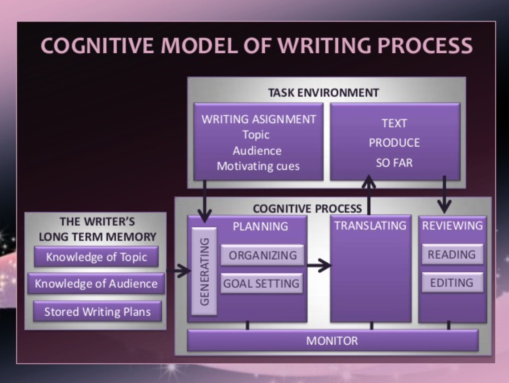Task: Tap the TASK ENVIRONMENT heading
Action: point(323,93)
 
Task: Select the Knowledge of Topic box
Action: point(96,257)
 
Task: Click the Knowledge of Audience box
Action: point(96,283)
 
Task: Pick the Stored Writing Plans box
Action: point(97,312)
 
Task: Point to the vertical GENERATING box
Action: point(204,271)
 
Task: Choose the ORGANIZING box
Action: point(263,255)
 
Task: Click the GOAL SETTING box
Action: point(261,283)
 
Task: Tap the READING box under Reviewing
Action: point(452,254)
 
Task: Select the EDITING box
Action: point(452,283)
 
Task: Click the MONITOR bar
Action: point(332,340)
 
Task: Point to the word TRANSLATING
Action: point(370,226)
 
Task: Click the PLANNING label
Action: point(260,226)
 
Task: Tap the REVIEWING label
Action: point(452,226)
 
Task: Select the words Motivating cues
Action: point(258,166)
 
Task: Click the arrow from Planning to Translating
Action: point(319,266)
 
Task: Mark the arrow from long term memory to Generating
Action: point(179,271)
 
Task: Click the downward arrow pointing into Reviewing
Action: point(444,195)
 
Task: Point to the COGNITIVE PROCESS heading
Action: point(307,208)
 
